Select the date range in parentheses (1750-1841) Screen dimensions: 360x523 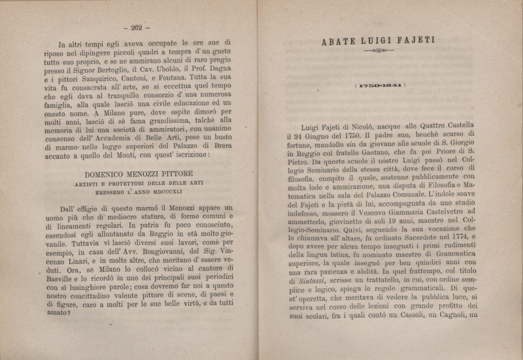click(378, 86)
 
